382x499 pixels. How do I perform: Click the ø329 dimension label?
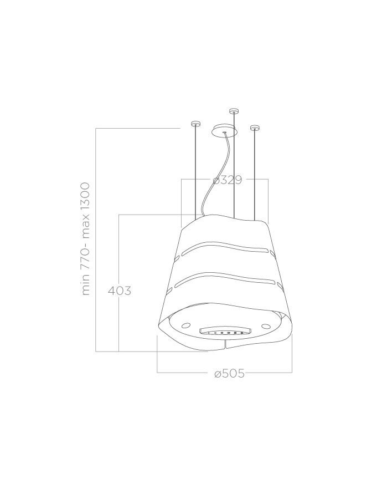[x=227, y=180]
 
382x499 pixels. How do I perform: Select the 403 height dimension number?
[x=119, y=290]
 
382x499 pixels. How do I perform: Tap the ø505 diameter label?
[x=229, y=373]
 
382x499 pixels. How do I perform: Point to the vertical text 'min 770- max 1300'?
[x=86, y=238]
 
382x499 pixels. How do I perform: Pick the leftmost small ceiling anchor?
[x=195, y=123]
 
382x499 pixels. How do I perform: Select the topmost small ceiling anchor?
[x=234, y=111]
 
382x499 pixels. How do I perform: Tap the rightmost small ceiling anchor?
[x=255, y=128]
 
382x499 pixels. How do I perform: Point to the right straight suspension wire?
[x=255, y=172]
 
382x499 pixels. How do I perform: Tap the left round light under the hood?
[x=187, y=324]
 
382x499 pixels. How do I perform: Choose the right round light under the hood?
[x=266, y=325]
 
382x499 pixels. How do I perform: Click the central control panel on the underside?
[x=225, y=331]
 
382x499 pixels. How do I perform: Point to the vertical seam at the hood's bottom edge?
[x=226, y=345]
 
